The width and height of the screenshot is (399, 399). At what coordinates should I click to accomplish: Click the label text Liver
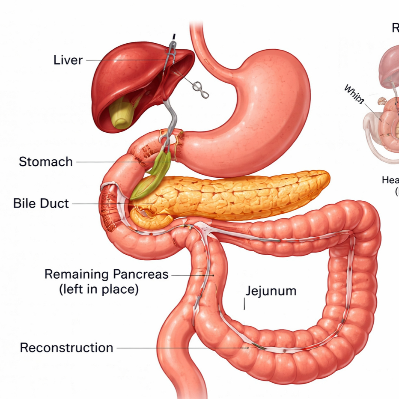click(x=68, y=60)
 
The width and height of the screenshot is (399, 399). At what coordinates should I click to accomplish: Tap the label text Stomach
click(x=46, y=162)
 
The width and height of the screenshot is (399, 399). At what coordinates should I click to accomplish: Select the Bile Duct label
click(x=41, y=203)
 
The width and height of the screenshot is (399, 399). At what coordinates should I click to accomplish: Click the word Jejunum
click(x=271, y=291)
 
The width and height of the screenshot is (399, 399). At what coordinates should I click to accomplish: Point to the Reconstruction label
click(x=67, y=348)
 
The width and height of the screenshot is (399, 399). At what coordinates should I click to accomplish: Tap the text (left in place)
click(x=98, y=289)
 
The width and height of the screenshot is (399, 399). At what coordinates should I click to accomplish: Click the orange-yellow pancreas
click(x=240, y=195)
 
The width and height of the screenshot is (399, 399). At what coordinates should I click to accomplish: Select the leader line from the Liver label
click(x=124, y=60)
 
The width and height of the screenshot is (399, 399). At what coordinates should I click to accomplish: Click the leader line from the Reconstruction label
click(x=180, y=348)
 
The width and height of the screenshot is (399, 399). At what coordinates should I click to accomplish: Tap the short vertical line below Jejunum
click(x=244, y=304)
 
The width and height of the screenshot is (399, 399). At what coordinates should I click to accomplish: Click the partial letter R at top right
click(x=395, y=28)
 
